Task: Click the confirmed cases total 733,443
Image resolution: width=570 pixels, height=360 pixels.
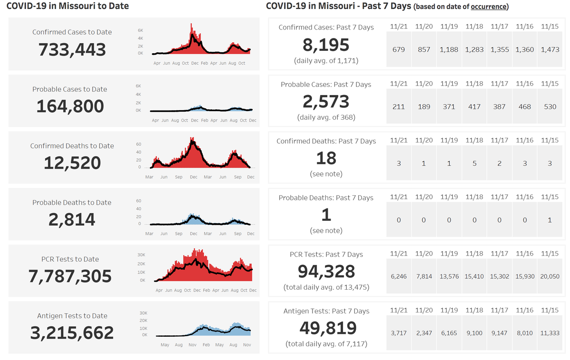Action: click(x=72, y=49)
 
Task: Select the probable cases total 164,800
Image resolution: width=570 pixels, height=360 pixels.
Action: click(x=70, y=106)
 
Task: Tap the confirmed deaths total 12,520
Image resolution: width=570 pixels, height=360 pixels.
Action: click(x=72, y=163)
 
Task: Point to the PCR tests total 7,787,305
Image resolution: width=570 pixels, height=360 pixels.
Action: click(x=70, y=276)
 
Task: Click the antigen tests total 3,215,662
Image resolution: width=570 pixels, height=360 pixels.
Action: click(x=72, y=333)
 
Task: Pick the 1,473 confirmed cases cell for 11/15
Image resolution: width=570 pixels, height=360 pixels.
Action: click(x=550, y=49)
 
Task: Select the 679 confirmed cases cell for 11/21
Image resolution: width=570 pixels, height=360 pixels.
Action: click(x=399, y=49)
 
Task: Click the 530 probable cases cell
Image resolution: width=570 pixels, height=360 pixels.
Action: click(x=550, y=107)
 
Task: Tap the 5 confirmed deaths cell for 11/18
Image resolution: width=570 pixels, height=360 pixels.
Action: click(x=474, y=163)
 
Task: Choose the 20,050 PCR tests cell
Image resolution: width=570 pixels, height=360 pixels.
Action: click(x=550, y=276)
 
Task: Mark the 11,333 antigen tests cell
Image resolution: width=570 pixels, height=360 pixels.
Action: click(x=550, y=333)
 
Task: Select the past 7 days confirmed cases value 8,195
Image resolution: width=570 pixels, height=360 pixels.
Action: click(x=326, y=45)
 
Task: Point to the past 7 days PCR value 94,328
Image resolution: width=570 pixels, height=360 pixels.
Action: click(x=326, y=271)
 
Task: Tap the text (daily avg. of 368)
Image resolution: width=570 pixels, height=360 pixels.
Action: click(x=326, y=117)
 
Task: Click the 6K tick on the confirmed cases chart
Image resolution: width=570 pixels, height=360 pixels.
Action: click(x=141, y=30)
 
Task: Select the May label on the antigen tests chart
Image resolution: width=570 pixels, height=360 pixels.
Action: click(x=165, y=345)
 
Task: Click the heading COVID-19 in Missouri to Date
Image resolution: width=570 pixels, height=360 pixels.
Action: click(x=67, y=6)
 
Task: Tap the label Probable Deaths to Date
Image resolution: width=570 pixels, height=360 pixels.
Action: click(x=72, y=203)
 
